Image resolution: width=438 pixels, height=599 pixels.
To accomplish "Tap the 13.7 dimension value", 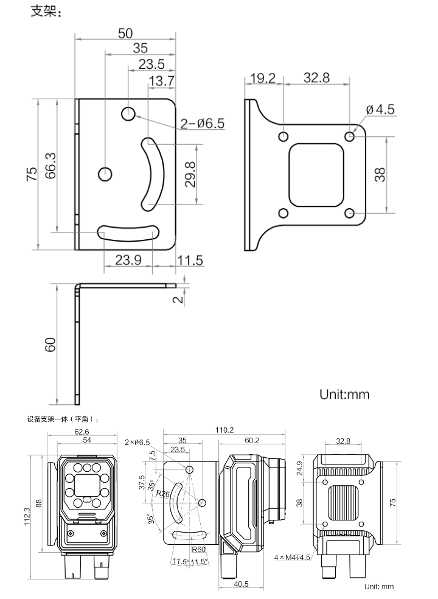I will click(161, 80).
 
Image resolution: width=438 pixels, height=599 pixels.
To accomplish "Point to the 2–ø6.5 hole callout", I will click(202, 124).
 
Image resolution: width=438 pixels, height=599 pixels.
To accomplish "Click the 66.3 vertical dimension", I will click(51, 166).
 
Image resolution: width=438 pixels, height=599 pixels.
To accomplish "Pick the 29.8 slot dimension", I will click(190, 175).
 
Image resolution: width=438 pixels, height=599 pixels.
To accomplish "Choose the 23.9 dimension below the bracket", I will click(128, 260).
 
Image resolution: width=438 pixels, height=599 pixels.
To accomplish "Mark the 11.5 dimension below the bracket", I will click(190, 260).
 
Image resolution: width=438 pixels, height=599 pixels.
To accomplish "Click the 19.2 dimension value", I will click(263, 79).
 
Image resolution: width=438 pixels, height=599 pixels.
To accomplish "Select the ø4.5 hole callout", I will click(380, 110).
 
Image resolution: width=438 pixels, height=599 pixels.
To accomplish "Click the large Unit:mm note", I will click(344, 394).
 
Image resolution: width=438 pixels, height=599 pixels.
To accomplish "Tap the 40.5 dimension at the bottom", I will click(241, 584).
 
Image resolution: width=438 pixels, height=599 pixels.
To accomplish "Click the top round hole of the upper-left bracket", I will click(128, 114).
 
